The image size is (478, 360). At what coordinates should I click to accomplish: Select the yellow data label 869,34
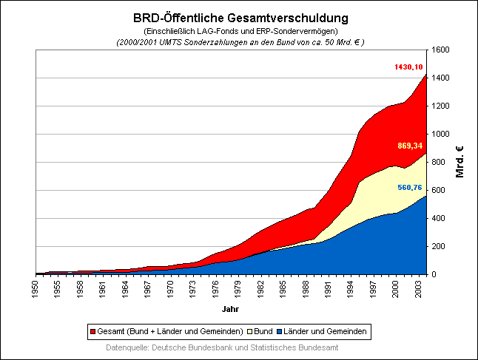pyautogui.click(x=410, y=146)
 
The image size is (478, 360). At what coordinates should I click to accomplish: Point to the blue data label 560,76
pyautogui.click(x=410, y=188)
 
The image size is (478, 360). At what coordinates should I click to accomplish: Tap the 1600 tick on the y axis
pyautogui.click(x=442, y=50)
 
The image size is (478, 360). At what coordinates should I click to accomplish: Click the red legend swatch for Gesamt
pyautogui.click(x=92, y=330)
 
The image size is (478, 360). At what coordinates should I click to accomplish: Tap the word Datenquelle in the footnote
pyautogui.click(x=127, y=347)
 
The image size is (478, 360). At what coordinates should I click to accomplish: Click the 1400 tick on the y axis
pyautogui.click(x=442, y=78)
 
